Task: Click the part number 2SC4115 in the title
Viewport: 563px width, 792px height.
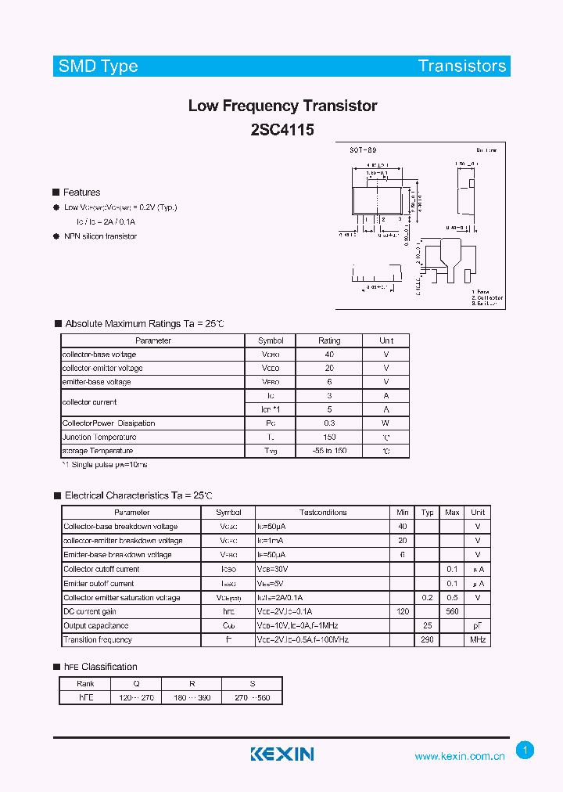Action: tap(282, 130)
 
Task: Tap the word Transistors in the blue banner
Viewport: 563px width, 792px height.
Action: tap(462, 66)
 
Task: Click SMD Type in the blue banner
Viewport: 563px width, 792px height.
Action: tap(98, 66)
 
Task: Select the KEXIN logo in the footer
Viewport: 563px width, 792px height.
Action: tap(281, 754)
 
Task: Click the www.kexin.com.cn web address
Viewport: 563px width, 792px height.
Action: tap(460, 756)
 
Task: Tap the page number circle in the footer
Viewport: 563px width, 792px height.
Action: tap(525, 751)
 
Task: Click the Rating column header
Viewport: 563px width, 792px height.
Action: tap(329, 340)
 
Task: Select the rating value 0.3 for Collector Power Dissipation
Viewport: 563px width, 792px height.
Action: tap(329, 423)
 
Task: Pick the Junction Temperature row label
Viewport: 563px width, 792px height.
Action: tap(99, 437)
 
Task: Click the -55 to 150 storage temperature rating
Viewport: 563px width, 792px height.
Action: tap(329, 452)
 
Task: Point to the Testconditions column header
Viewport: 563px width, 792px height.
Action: tap(323, 513)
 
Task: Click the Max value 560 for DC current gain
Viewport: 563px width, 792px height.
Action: tap(452, 611)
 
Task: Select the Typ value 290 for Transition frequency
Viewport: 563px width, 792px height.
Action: tap(427, 639)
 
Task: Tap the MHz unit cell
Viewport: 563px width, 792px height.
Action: tap(478, 639)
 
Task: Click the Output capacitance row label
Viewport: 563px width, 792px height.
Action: tap(97, 625)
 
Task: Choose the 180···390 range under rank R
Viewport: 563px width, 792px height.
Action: tap(192, 697)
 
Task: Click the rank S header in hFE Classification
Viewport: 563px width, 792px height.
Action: tap(252, 682)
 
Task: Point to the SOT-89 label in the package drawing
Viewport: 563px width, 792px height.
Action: tap(363, 149)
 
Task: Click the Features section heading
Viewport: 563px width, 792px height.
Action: tap(81, 193)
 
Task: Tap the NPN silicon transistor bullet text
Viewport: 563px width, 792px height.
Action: tap(100, 236)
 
